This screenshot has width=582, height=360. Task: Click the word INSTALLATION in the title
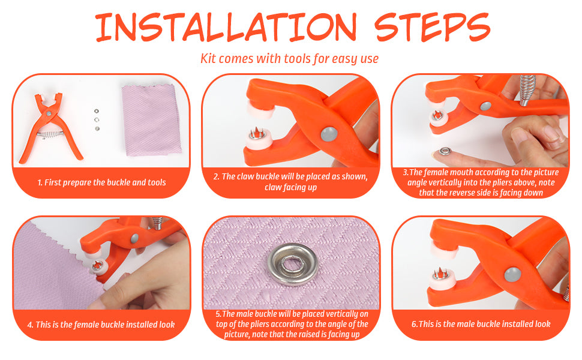pos(226,27)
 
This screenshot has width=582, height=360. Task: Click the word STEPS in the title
pos(432,27)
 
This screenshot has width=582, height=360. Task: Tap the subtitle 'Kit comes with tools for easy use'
pos(290,59)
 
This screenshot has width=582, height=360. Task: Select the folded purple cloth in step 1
pos(151,120)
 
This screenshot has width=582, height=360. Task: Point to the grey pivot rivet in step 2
pos(329,134)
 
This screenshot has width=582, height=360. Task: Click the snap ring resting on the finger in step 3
pos(445,151)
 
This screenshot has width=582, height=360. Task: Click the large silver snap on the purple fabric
pos(293,264)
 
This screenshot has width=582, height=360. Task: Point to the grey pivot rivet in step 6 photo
pos(512,275)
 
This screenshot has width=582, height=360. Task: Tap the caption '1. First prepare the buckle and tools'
pos(102,182)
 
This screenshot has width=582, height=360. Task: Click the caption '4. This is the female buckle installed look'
pos(101,325)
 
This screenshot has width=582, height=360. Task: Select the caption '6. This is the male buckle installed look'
pos(481,324)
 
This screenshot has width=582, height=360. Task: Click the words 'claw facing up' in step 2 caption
pos(290,187)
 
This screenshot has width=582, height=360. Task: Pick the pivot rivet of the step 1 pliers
pos(49,113)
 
